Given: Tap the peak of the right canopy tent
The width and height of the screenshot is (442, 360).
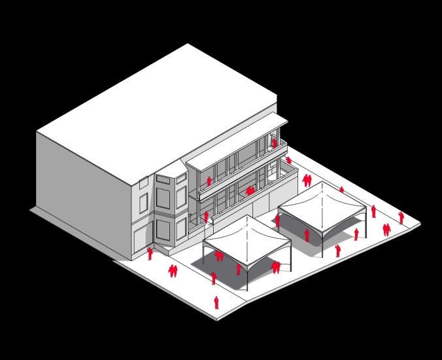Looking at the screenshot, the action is point(321,184).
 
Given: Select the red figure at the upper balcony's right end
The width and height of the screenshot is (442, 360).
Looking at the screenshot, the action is point(274,142).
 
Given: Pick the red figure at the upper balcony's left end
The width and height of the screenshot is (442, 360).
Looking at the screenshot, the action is point(209,181).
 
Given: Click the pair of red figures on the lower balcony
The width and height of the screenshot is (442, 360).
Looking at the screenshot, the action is point(250,190).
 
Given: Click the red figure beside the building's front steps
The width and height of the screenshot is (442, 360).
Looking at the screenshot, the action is point(150,253).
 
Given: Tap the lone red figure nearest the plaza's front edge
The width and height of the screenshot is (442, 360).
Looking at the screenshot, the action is point(216,302).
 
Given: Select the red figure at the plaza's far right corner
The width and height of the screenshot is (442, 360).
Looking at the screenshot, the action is point(401,217).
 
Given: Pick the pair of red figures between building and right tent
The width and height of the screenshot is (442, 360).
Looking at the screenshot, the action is point(307,180).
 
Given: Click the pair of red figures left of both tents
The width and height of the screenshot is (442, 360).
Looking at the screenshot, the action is point(173,270).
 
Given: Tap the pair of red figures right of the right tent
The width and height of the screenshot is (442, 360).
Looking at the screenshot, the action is point(387,229).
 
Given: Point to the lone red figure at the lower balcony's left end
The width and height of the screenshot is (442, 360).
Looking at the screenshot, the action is point(206,217).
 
